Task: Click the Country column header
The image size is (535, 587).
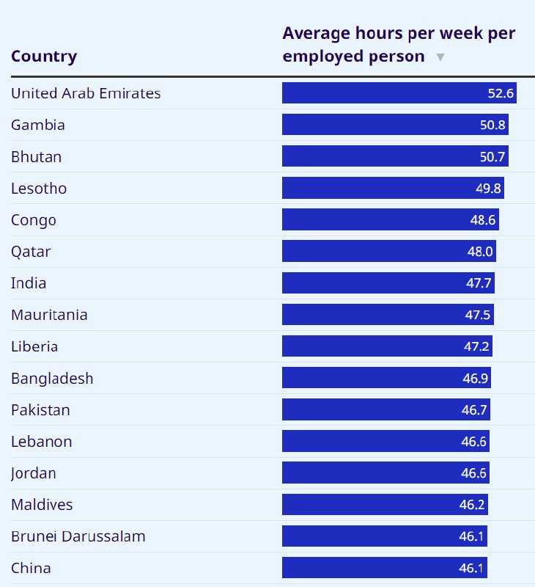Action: [44, 56]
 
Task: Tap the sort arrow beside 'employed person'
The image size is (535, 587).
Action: [440, 57]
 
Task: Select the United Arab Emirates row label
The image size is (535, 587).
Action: [86, 93]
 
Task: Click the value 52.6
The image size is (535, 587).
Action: [501, 93]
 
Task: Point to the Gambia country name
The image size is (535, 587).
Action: [38, 125]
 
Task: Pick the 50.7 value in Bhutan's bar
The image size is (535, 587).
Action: [492, 156]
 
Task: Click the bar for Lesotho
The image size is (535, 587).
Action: [392, 188]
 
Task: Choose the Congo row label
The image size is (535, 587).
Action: [34, 220]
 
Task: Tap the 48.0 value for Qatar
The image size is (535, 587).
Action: [481, 252]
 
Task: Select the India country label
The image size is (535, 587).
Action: [29, 283]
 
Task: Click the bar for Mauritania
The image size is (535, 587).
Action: [387, 315]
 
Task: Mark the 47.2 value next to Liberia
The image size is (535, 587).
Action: [478, 346]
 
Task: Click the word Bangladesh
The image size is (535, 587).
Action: [52, 379]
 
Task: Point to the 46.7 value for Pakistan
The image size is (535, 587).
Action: [474, 410]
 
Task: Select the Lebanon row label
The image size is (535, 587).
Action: [42, 442]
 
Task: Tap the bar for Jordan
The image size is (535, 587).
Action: [385, 473]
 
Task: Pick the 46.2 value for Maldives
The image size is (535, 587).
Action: [473, 505]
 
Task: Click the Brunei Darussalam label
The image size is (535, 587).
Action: [78, 536]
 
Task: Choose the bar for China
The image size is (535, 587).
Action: [384, 568]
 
